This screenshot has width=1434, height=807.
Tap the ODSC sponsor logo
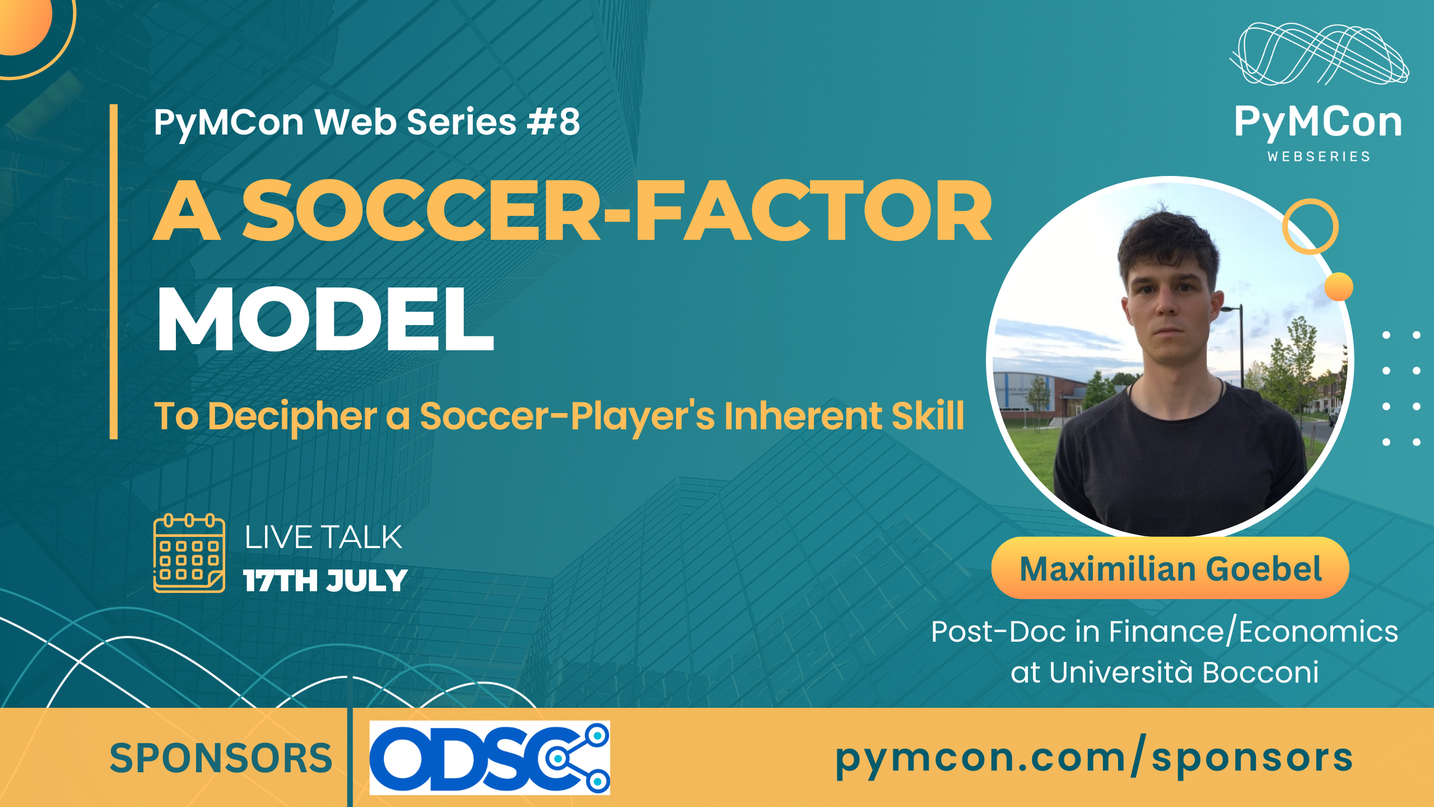[490, 758]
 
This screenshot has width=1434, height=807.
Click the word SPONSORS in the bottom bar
[221, 758]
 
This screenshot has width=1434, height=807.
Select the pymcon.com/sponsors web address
[1094, 758]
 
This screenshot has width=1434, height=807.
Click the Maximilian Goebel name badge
[1170, 568]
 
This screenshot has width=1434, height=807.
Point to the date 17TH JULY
[325, 581]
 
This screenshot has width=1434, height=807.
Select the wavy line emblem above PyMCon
[1320, 54]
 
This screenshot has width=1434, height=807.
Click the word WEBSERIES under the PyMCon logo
[1319, 156]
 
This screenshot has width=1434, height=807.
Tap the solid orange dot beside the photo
[1339, 286]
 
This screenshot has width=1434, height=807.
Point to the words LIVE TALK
[323, 537]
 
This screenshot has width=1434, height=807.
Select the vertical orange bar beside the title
[114, 272]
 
